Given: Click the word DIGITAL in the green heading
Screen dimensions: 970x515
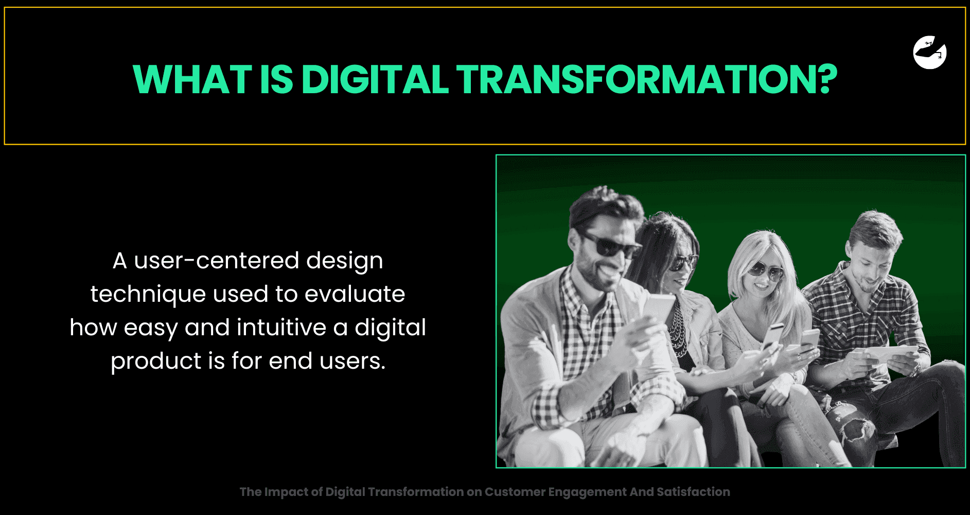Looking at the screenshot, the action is click(x=375, y=79).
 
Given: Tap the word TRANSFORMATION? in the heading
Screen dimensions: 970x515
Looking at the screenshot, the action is click(x=647, y=79).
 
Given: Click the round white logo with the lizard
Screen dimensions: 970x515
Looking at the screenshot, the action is click(x=930, y=53).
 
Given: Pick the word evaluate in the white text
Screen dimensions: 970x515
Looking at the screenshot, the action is click(x=355, y=294).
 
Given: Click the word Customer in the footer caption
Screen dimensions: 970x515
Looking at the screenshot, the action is click(x=514, y=492).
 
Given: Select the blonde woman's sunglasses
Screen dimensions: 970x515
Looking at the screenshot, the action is click(x=766, y=269).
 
